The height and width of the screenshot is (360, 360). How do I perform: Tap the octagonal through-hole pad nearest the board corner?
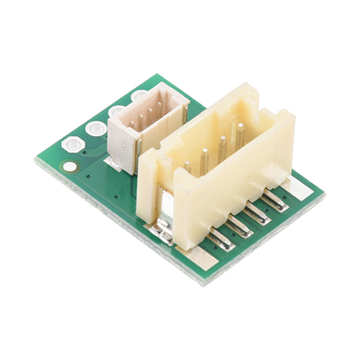73,145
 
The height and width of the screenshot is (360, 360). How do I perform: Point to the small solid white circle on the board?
70,166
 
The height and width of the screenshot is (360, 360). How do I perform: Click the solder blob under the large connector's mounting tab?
160,231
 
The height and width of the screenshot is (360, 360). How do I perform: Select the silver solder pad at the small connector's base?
112,162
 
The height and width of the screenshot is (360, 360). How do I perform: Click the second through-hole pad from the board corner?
95,128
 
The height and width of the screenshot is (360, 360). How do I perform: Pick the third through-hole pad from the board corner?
117,112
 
